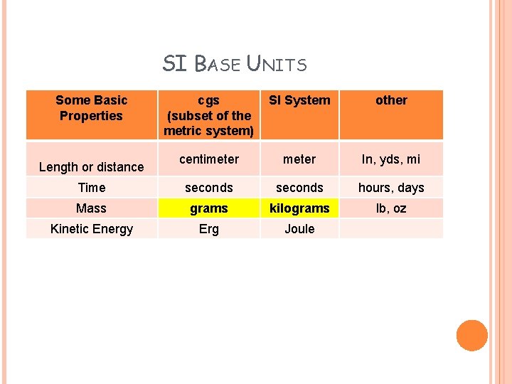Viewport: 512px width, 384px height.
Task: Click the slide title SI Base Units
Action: [x=235, y=64]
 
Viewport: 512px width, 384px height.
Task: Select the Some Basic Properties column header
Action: [x=91, y=108]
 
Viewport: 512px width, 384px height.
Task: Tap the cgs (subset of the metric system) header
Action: [x=208, y=115]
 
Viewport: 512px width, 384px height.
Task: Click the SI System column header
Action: [x=299, y=100]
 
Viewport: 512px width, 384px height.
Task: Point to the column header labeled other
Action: [x=391, y=100]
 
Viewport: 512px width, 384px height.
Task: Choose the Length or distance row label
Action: [x=91, y=166]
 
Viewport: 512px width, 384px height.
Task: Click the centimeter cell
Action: [x=208, y=159]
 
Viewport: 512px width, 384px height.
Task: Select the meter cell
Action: [x=299, y=159]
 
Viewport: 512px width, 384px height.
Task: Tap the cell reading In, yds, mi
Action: [x=391, y=159]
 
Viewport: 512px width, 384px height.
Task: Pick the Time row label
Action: [x=91, y=188]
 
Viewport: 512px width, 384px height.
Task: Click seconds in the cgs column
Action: [x=208, y=188]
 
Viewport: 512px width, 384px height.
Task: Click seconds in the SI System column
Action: [x=299, y=188]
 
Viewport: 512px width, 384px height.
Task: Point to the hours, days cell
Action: [x=391, y=188]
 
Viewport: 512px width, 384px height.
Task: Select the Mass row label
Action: [x=91, y=208]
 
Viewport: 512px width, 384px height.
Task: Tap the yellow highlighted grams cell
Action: [x=208, y=208]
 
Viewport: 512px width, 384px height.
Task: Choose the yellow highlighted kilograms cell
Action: [x=299, y=208]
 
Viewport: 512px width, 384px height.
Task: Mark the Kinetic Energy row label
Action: [x=91, y=229]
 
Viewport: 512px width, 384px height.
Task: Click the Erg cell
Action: [x=208, y=229]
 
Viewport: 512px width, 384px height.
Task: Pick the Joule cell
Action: [x=299, y=229]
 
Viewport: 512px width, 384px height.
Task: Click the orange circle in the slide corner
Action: [x=471, y=336]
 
